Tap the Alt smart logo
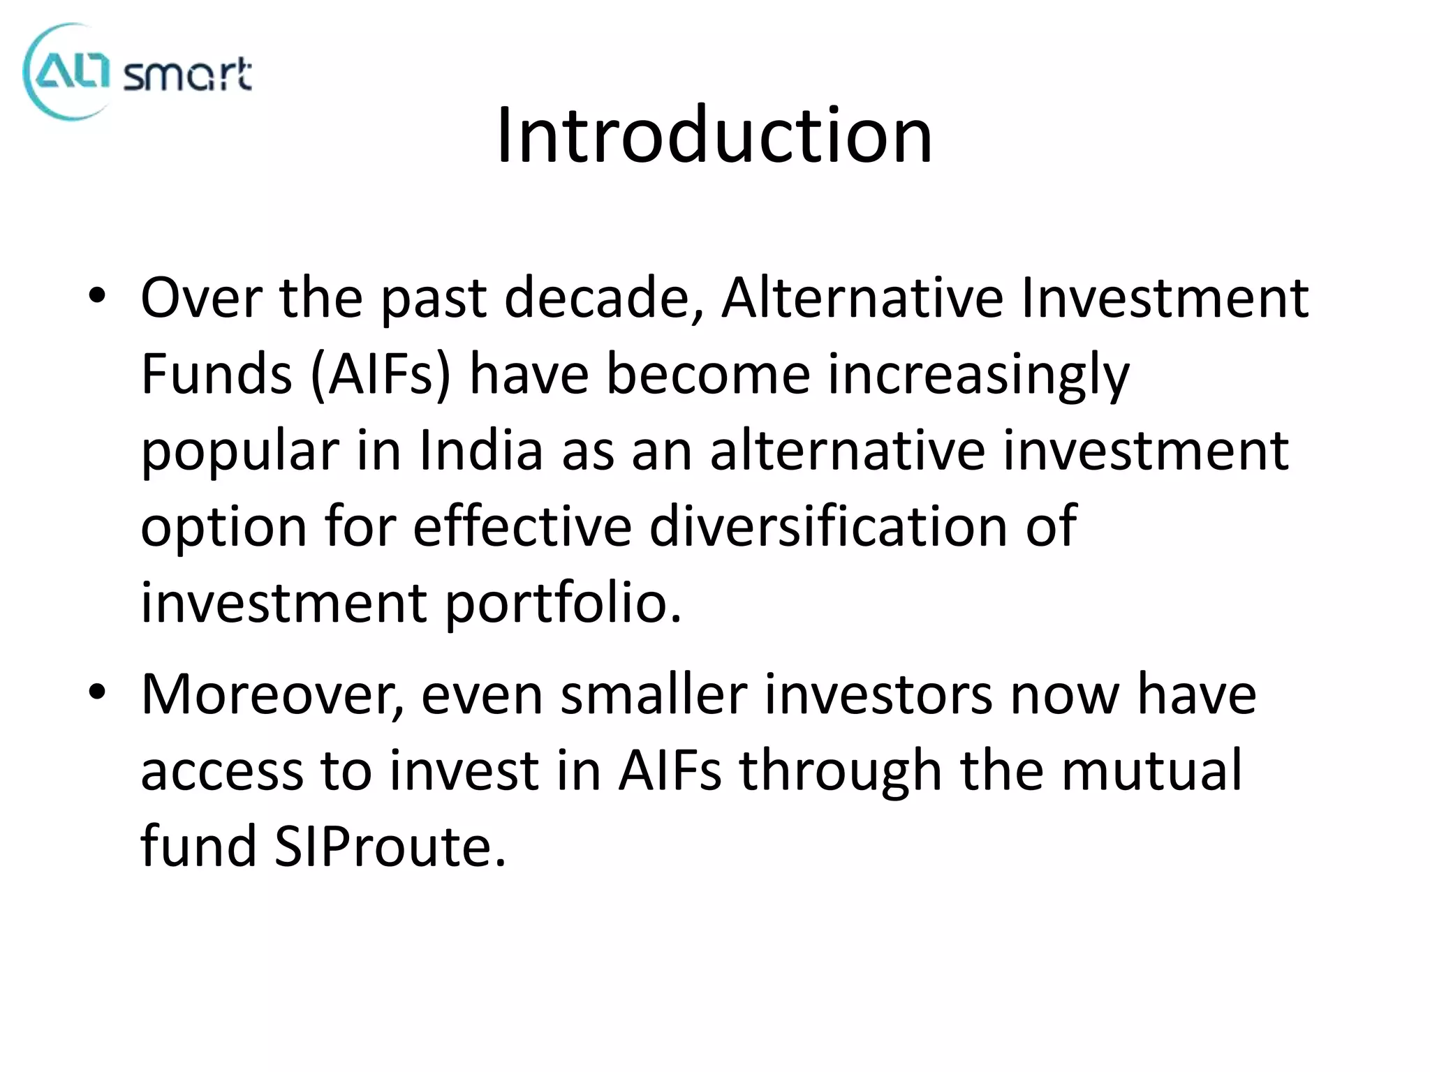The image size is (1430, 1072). tap(137, 71)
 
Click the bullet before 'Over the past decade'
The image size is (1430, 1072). tap(97, 296)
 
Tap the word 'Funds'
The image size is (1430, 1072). tap(216, 374)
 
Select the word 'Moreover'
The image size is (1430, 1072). tap(273, 694)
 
